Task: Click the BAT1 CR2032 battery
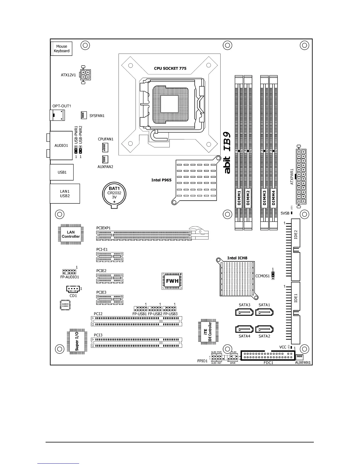click(114, 194)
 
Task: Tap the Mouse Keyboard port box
click(61, 49)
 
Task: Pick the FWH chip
click(172, 281)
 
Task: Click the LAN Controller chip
click(71, 234)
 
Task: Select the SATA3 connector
click(244, 312)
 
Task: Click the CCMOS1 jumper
click(273, 276)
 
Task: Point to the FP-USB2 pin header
click(155, 309)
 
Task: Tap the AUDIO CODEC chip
click(65, 305)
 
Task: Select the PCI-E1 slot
click(110, 257)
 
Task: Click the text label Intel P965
click(161, 180)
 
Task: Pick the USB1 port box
click(62, 172)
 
